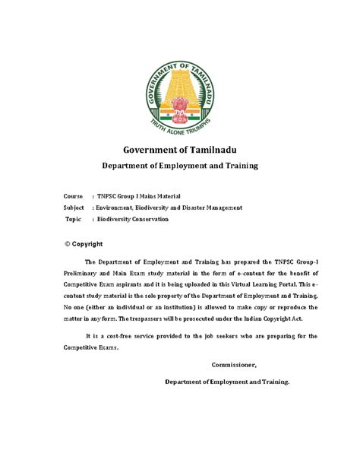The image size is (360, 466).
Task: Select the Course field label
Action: click(73, 195)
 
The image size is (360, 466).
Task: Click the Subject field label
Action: click(74, 207)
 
